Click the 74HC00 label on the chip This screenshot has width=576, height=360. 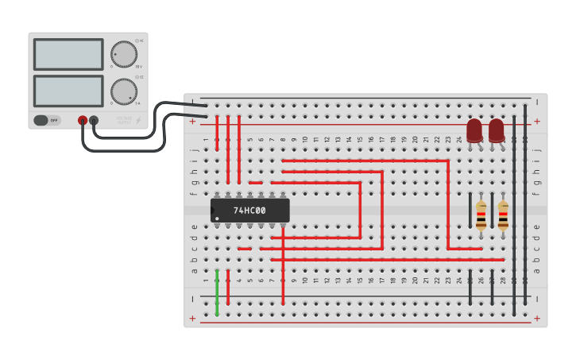click(x=249, y=211)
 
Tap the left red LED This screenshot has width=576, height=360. click(x=474, y=130)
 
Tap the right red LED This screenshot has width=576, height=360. click(x=497, y=130)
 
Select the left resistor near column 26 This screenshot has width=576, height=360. click(x=481, y=215)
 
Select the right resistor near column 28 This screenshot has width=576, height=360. click(x=503, y=215)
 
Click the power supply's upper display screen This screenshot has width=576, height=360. click(x=68, y=54)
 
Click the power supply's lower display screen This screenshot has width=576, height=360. click(x=68, y=91)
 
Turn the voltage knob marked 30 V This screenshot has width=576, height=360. click(x=123, y=54)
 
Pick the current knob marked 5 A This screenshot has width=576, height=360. click(x=123, y=91)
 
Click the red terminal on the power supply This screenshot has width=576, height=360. click(x=83, y=121)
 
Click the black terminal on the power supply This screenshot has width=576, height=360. click(x=94, y=121)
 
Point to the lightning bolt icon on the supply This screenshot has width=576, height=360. click(x=138, y=121)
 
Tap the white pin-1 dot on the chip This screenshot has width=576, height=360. click(x=217, y=219)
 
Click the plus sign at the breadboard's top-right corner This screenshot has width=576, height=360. click(x=537, y=122)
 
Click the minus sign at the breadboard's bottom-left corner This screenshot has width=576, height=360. click(x=193, y=299)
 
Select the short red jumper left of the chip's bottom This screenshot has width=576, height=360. click(x=245, y=249)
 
